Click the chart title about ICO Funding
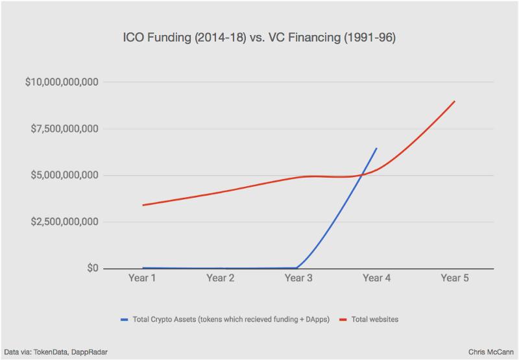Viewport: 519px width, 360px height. pos(259,38)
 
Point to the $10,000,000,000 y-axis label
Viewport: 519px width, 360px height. pos(62,82)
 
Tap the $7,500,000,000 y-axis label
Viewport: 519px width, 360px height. pos(64,128)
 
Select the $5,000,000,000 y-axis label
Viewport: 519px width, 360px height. pos(64,175)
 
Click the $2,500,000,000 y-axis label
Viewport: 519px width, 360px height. pos(64,222)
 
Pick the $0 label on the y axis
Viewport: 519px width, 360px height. pos(93,268)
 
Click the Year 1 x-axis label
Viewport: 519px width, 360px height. pos(142,278)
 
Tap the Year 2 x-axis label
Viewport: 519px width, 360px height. pos(221,278)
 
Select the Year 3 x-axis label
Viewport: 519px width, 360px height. pos(298,278)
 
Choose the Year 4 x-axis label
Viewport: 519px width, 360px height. pos(377,278)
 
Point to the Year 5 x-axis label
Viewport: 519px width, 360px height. pos(455,278)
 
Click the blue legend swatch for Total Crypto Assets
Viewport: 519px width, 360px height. pos(125,320)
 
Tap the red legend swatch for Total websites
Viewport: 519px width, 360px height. pos(343,320)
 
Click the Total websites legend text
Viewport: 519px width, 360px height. pos(375,320)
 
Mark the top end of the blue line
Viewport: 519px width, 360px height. pos(377,149)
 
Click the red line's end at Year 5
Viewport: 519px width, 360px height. pos(455,101)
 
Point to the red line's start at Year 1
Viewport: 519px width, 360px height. pos(143,205)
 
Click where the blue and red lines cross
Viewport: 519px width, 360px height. pos(362,174)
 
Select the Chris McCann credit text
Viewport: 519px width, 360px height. pos(491,352)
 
